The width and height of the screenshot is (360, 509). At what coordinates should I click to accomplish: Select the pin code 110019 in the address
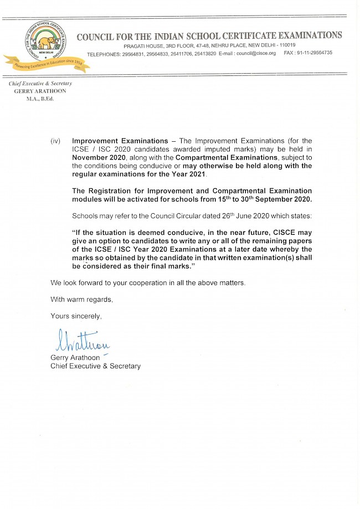tap(287, 45)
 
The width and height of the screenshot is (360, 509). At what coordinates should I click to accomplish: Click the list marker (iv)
tap(55, 141)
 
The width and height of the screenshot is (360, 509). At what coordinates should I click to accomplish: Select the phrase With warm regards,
tap(81, 300)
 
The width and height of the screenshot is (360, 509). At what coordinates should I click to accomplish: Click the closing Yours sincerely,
tap(76, 316)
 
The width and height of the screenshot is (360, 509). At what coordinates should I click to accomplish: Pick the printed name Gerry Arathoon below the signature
tap(75, 358)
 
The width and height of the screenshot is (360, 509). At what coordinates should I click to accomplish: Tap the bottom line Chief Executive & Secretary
tap(95, 366)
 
